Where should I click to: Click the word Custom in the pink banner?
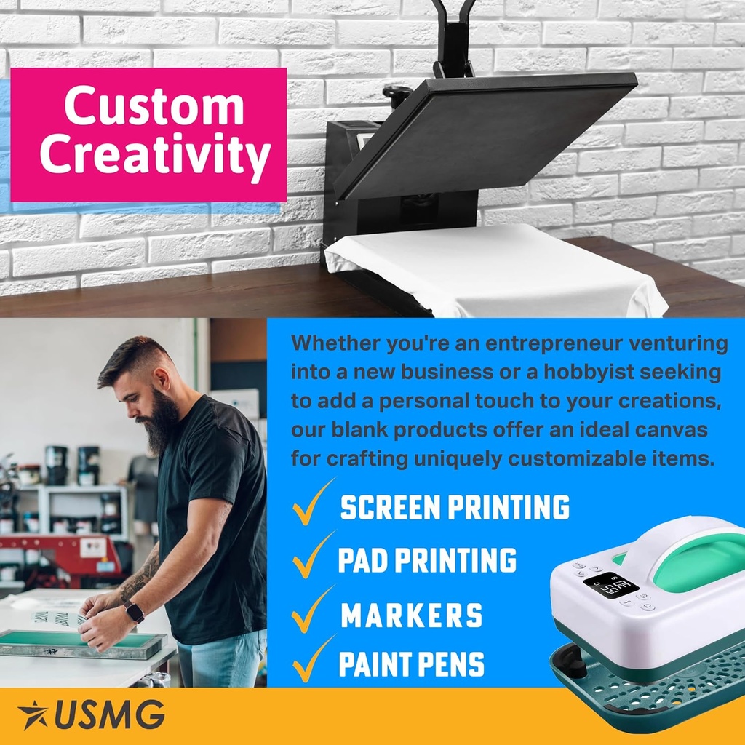coord(154,105)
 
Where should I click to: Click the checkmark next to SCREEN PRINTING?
coord(313,503)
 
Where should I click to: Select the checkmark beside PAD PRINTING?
coord(313,555)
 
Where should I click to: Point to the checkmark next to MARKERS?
coord(313,610)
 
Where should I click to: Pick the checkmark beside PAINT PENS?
coord(313,659)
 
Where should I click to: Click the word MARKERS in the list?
coord(412,615)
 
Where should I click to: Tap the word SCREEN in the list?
coord(391,507)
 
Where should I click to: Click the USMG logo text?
coord(110,714)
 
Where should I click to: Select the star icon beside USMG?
coord(32,714)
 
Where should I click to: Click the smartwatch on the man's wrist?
coord(135,611)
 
